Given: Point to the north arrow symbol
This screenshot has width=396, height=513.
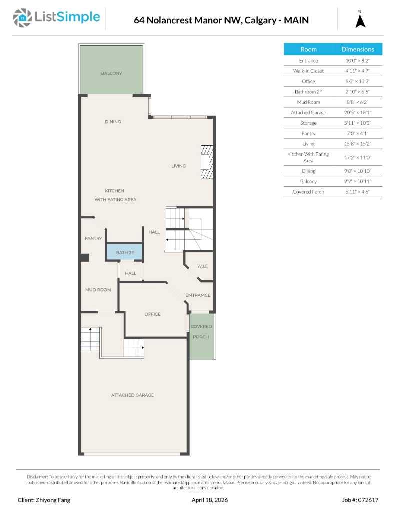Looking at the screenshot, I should click(360, 20).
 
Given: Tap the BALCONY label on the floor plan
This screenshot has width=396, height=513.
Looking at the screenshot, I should click(111, 73).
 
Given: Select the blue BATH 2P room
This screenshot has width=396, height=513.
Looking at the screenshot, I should click(124, 252).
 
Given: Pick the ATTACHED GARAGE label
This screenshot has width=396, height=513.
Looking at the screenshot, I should click(132, 395).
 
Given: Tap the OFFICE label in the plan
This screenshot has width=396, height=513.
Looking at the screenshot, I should click(152, 314).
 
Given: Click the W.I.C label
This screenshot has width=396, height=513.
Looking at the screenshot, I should click(202, 266).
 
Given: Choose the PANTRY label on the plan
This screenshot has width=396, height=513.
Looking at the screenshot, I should click(93, 238).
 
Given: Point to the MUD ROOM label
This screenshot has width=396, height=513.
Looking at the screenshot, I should click(98, 290).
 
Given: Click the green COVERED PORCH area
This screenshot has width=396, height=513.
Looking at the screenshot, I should click(201, 335).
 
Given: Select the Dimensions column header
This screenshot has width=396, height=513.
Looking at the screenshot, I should click(357, 49).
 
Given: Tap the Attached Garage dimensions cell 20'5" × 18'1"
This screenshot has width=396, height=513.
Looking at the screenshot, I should click(357, 113).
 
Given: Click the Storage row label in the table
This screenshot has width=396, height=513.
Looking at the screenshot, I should click(308, 123).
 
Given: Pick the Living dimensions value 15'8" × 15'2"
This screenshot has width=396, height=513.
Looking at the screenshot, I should click(357, 144).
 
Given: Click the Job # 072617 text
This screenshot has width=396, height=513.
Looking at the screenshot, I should click(360, 500).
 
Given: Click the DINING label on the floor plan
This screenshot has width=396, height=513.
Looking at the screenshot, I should click(113, 122).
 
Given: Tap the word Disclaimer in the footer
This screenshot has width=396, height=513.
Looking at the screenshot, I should click(37, 476).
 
